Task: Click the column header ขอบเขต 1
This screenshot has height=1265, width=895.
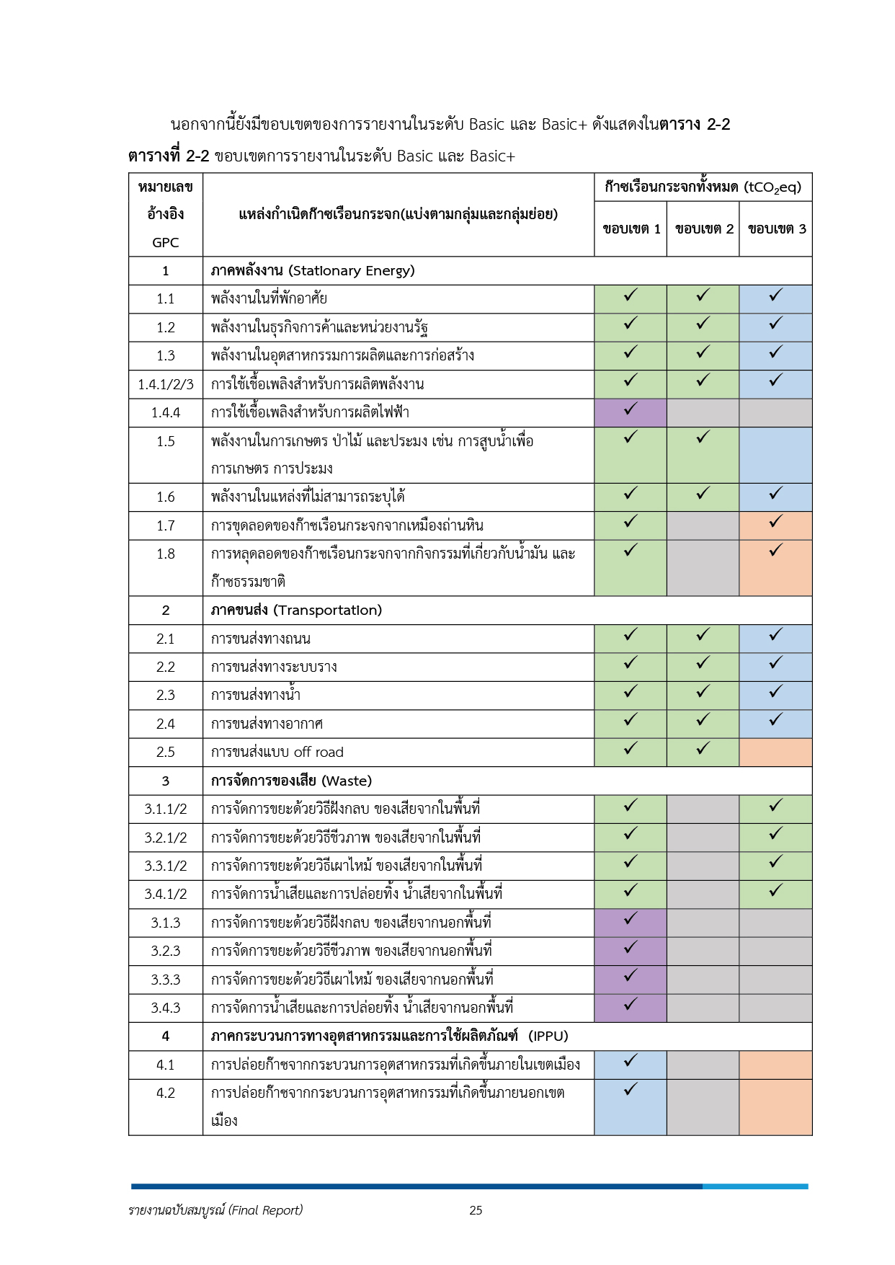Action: (631, 229)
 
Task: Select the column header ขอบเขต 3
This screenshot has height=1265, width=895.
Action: (777, 229)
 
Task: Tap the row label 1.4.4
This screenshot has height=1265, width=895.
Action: (166, 413)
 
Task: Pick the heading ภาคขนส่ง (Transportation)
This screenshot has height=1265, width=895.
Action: (296, 611)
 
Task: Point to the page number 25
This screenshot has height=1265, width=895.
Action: (476, 1210)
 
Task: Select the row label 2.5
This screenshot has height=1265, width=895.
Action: (166, 753)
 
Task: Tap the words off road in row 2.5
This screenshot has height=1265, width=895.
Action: (319, 753)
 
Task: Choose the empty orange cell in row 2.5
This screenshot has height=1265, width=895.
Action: (776, 753)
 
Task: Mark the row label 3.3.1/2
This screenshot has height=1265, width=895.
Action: (166, 866)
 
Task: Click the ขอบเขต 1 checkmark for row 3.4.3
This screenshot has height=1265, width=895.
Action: (631, 1005)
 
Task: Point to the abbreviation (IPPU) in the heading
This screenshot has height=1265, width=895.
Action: (548, 1037)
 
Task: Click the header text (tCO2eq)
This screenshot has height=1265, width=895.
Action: (773, 187)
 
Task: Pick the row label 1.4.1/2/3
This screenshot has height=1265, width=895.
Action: (166, 384)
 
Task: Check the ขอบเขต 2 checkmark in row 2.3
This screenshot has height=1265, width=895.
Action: (703, 692)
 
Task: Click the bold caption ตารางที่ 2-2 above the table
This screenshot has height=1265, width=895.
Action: (169, 156)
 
